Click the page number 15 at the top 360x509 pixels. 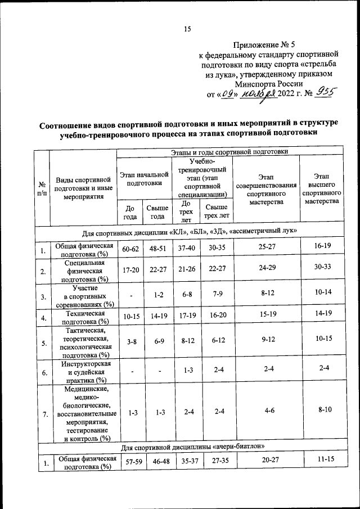[188, 30]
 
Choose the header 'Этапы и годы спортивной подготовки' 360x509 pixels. [229, 151]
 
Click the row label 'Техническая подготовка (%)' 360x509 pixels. [83, 317]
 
